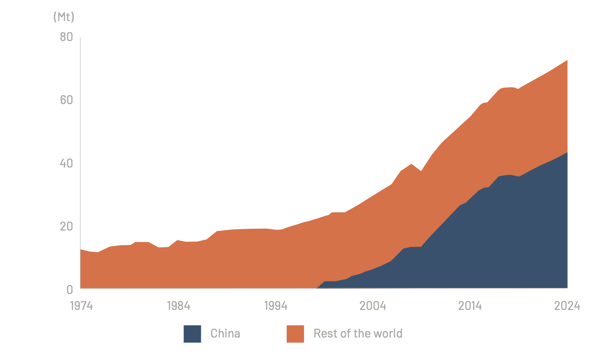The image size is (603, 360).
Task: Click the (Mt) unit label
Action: pyautogui.click(x=63, y=17)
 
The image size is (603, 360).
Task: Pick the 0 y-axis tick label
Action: pyautogui.click(x=70, y=289)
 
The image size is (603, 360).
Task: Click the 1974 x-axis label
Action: pyautogui.click(x=81, y=306)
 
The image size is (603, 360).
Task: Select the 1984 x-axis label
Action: pyautogui.click(x=178, y=306)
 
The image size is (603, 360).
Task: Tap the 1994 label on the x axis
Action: pyautogui.click(x=276, y=306)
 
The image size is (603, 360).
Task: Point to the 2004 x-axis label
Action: pyautogui.click(x=373, y=306)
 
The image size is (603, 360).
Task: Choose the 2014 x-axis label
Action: pyautogui.click(x=470, y=306)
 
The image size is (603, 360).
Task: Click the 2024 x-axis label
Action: pyautogui.click(x=567, y=306)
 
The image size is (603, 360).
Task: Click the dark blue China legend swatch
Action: pyautogui.click(x=192, y=334)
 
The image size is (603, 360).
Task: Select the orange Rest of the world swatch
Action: pyautogui.click(x=295, y=334)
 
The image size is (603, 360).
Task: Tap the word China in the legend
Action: pyautogui.click(x=225, y=334)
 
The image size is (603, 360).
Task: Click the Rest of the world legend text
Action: pyautogui.click(x=358, y=334)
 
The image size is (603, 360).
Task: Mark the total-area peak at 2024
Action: pyautogui.click(x=567, y=60)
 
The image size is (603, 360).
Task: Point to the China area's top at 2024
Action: pyautogui.click(x=567, y=152)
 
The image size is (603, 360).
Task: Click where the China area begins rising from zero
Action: pyautogui.click(x=317, y=288)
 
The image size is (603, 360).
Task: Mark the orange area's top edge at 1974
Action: pyautogui.click(x=81, y=249)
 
